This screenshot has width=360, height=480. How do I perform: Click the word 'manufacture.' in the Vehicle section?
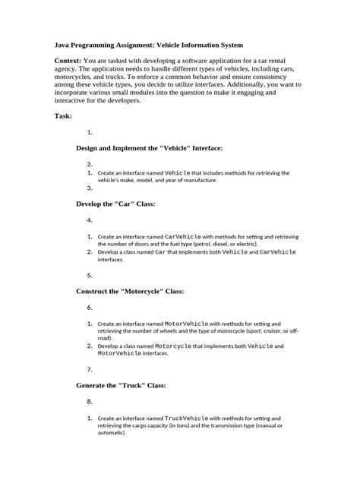[195, 181]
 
